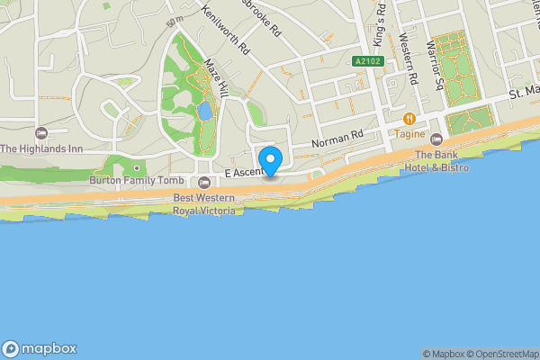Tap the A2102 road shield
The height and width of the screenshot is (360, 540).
pyautogui.click(x=364, y=60)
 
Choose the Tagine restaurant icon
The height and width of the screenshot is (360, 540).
pyautogui.click(x=409, y=118)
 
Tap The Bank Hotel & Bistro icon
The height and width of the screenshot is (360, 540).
pyautogui.click(x=436, y=139)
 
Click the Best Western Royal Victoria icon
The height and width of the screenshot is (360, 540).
pyautogui.click(x=204, y=184)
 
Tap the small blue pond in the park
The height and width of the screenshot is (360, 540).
pyautogui.click(x=204, y=112)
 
